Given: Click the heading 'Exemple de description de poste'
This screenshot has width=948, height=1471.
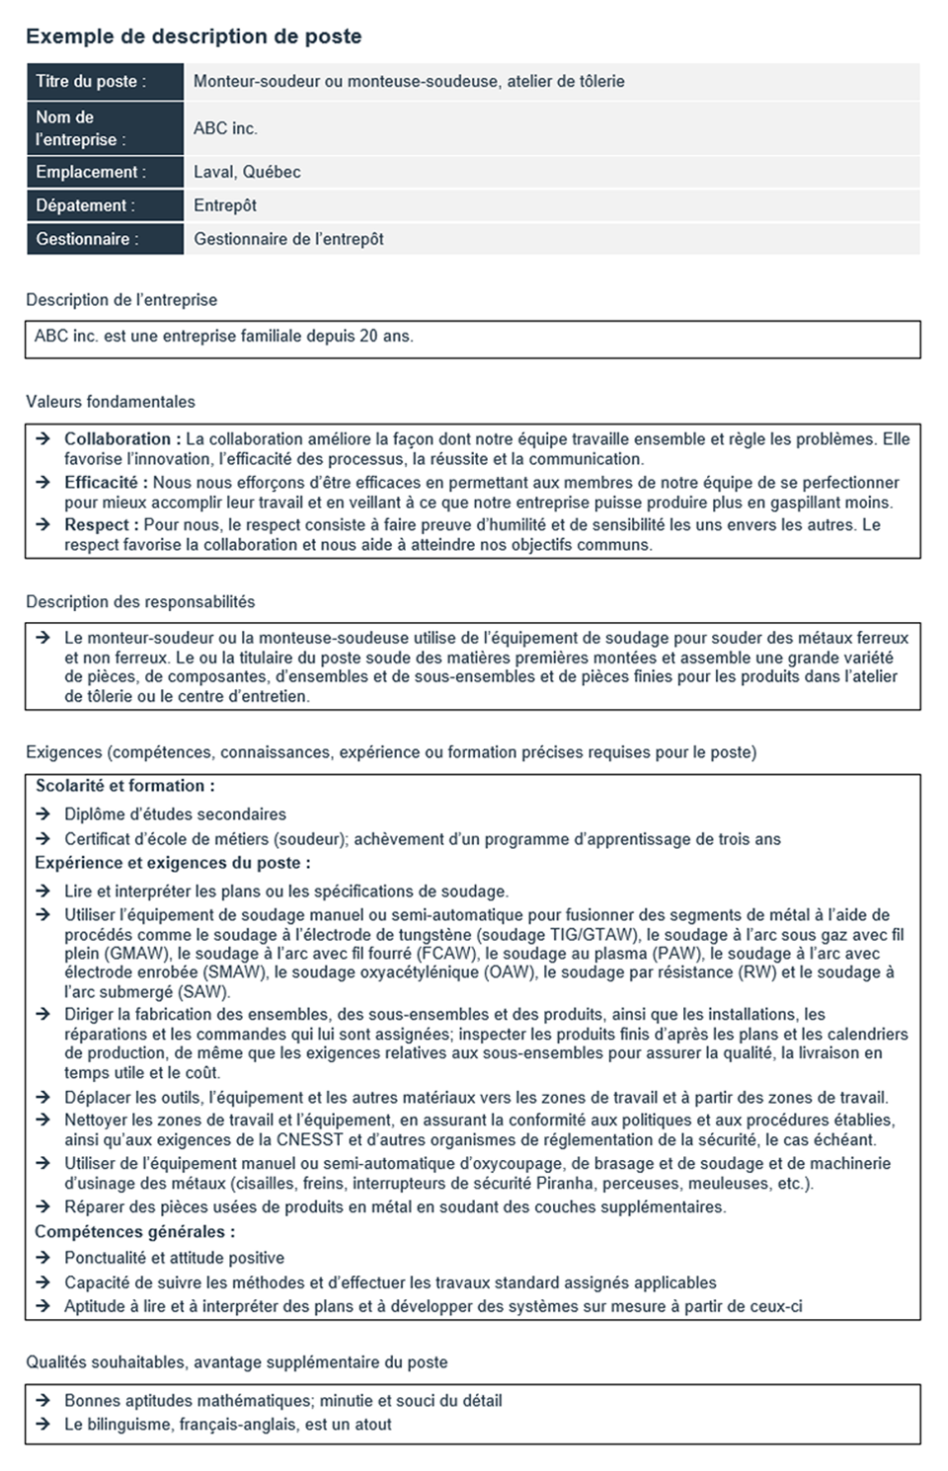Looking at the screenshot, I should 194,37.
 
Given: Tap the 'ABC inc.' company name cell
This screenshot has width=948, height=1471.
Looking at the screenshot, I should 225,128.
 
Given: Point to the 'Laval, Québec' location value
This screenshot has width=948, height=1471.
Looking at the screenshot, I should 247,172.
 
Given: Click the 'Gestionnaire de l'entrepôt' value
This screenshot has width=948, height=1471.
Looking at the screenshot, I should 288,239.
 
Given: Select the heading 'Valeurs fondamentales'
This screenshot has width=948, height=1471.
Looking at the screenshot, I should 111,402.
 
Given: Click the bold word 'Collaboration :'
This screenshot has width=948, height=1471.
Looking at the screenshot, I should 122,439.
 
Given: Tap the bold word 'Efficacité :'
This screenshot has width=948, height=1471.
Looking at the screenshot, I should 106,483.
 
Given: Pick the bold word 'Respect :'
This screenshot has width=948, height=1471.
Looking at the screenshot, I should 101,525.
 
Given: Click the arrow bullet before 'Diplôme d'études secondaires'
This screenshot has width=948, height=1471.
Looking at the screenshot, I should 43,814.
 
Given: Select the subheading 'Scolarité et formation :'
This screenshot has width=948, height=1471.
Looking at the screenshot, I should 125,786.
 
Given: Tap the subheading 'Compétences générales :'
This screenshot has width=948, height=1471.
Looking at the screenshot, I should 135,1232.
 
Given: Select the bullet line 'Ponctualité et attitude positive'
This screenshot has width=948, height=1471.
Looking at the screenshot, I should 174,1258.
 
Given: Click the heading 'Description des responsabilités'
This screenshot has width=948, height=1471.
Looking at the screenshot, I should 140,602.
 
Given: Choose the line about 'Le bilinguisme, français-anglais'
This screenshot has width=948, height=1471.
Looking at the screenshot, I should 227,1425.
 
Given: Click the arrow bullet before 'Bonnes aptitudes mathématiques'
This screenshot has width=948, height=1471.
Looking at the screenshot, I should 43,1401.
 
